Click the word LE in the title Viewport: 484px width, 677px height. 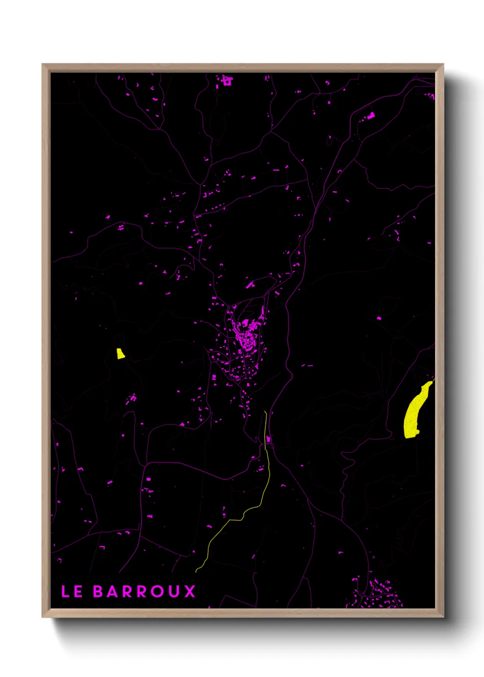pyautogui.click(x=72, y=591)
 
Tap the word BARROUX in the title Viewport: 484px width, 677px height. pyautogui.click(x=144, y=591)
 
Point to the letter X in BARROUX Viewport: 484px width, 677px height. pyautogui.click(x=190, y=591)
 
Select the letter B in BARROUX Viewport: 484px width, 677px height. pyautogui.click(x=98, y=591)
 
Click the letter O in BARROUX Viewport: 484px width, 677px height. pyautogui.click(x=157, y=591)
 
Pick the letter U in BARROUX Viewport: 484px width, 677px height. pyautogui.click(x=174, y=591)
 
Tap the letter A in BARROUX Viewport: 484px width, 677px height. pyautogui.click(x=113, y=591)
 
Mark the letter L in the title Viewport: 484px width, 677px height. pyautogui.click(x=65, y=591)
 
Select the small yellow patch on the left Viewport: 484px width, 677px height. pyautogui.click(x=120, y=354)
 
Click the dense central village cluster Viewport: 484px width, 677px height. pyautogui.click(x=247, y=336)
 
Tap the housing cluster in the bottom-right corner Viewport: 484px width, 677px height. pyautogui.click(x=377, y=595)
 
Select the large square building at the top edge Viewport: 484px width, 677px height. pyautogui.click(x=226, y=81)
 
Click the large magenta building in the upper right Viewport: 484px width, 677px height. pyautogui.click(x=371, y=116)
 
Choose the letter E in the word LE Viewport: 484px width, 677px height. pyautogui.click(x=78, y=591)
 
